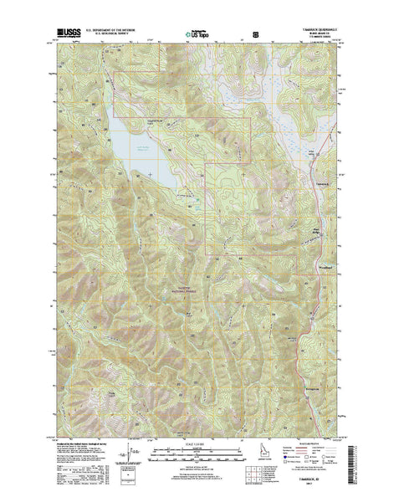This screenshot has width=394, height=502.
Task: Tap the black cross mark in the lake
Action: pos(150,173)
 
